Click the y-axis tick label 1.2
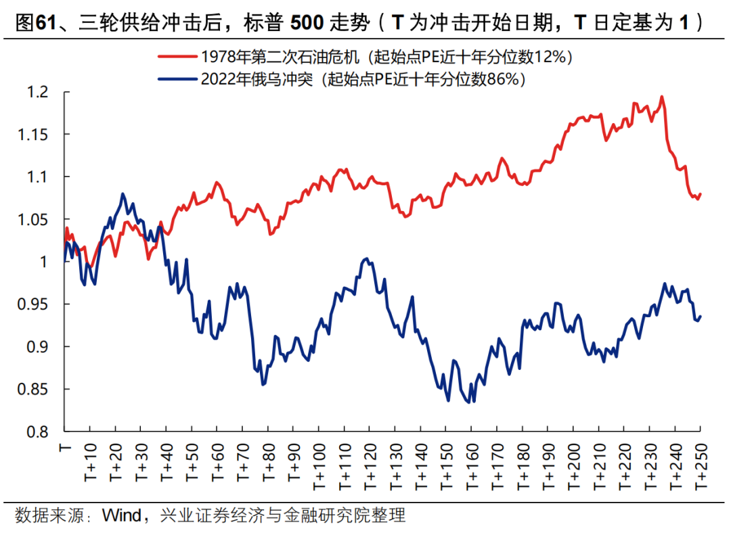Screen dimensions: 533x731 (39, 92)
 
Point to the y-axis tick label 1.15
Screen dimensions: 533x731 (35, 135)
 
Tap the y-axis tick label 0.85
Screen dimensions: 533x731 (35, 390)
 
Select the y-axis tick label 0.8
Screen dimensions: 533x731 (39, 432)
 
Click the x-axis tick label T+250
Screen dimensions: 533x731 (699, 462)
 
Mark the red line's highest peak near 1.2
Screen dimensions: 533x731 (661, 97)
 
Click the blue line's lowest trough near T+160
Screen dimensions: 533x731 (468, 402)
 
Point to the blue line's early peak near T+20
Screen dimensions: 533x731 (123, 194)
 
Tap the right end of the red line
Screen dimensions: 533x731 (701, 194)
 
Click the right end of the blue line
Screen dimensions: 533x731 (700, 316)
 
